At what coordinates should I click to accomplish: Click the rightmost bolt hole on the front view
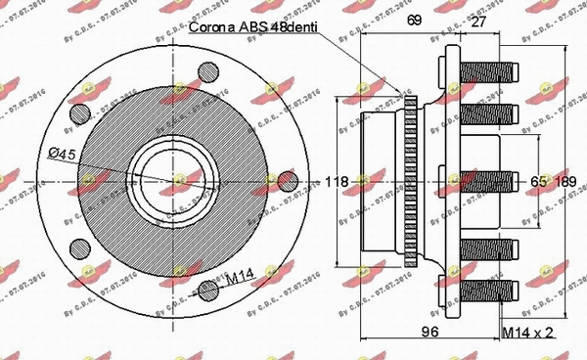[x=286, y=182]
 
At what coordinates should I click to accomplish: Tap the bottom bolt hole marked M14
[x=208, y=288]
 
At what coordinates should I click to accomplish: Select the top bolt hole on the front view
[x=208, y=75]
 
